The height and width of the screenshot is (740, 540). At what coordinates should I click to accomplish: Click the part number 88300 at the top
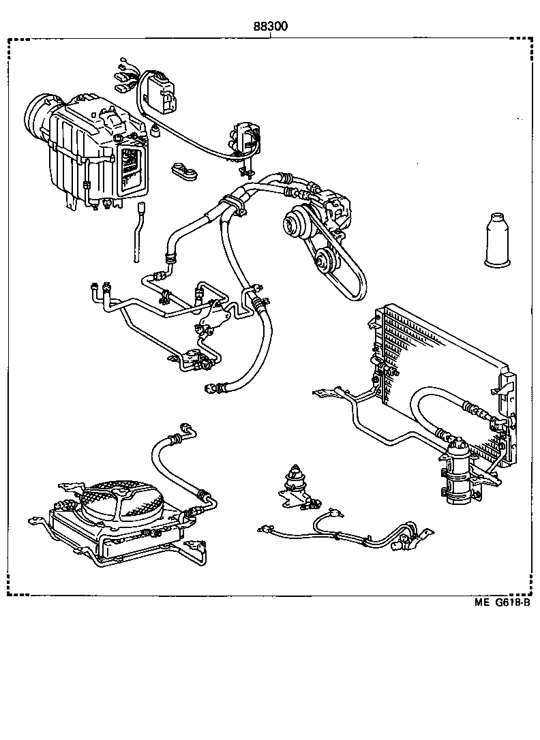[x=271, y=27]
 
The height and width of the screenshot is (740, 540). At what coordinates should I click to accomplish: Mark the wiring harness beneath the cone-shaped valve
[x=341, y=531]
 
